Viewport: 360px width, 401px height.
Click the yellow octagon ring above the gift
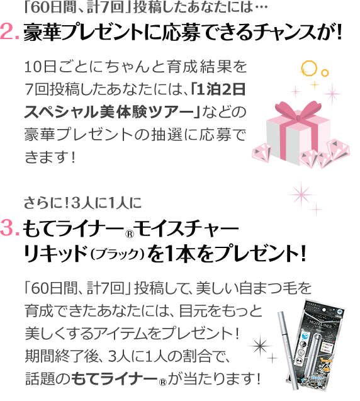pos(309,68)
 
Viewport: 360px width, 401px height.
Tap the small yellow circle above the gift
pos(325,73)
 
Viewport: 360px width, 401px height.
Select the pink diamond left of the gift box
pos(262,152)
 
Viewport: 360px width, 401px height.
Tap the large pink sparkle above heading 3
pos(301,195)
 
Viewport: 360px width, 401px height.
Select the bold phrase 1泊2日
pos(221,89)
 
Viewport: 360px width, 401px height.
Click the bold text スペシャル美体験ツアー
pos(109,112)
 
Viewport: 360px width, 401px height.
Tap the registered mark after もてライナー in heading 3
pos(130,234)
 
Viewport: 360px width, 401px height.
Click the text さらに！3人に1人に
pos(82,203)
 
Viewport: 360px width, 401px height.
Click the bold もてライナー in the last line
pos(114,379)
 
